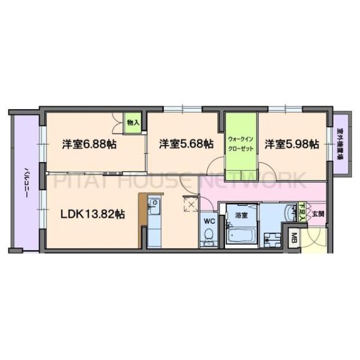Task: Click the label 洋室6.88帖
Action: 89,145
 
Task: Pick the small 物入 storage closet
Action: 133,122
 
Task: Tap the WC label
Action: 209,220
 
